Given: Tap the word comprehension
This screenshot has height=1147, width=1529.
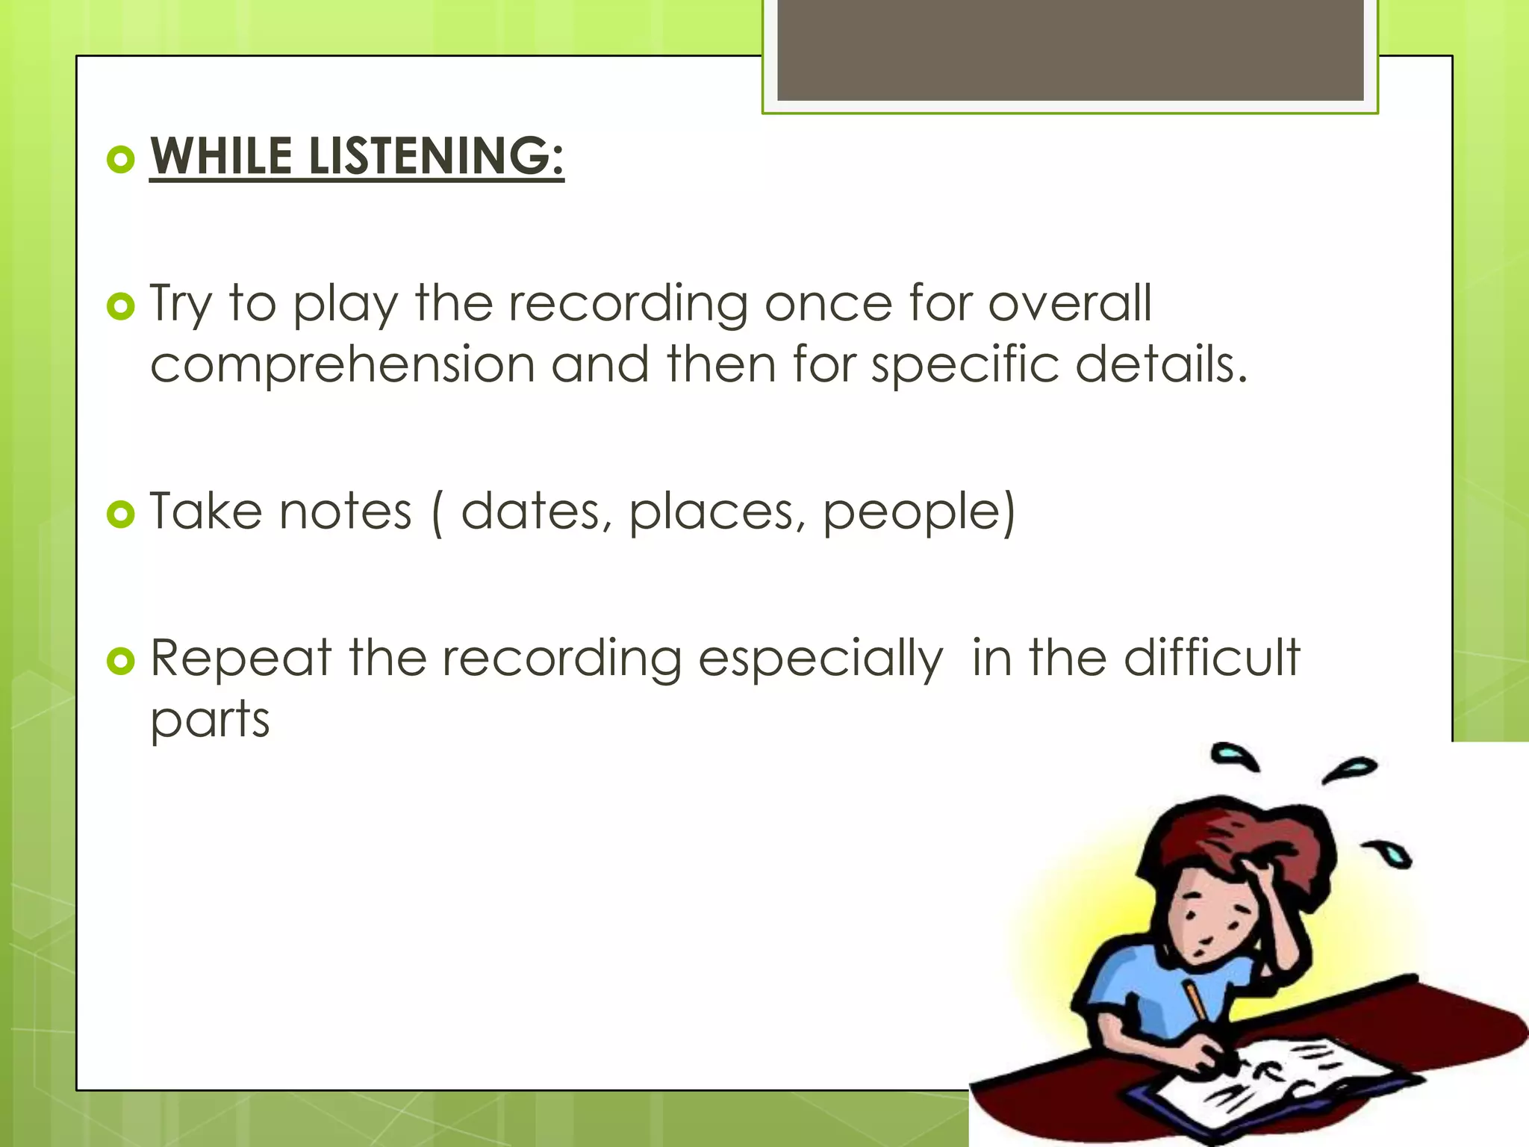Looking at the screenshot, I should (343, 364).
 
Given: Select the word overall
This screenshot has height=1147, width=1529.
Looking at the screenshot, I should (1070, 303).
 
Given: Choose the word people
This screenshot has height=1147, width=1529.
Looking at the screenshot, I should (918, 513).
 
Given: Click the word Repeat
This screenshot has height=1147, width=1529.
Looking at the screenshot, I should (240, 659).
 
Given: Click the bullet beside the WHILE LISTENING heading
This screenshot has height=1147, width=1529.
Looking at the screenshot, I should (120, 159).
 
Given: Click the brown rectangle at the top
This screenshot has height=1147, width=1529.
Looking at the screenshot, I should (1070, 50).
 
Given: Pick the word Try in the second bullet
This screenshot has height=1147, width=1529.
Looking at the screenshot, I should (181, 305).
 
